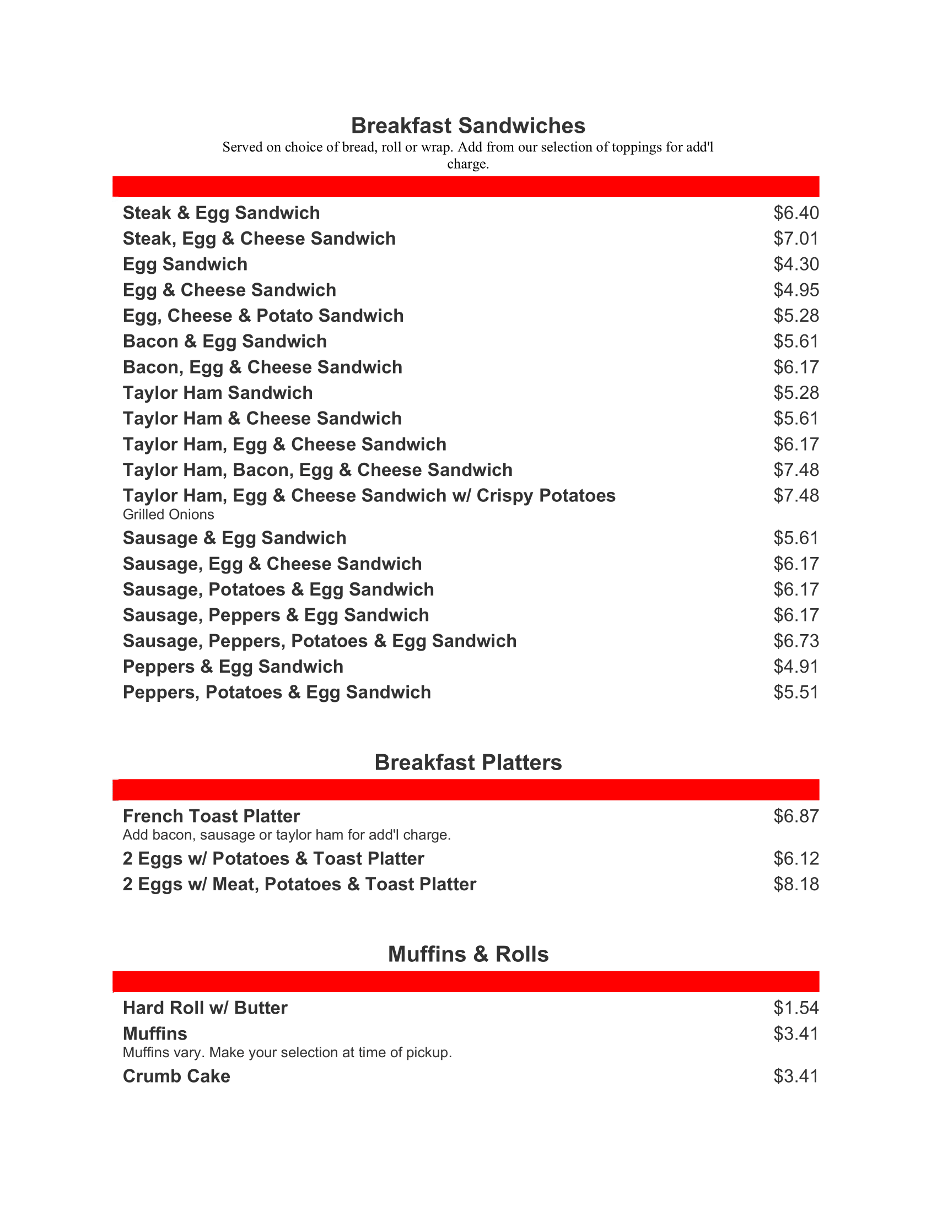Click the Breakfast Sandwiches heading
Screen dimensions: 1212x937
[468, 126]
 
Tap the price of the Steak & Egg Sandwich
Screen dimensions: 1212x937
[796, 213]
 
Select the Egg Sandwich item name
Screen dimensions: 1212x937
[185, 264]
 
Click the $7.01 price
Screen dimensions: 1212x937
[796, 239]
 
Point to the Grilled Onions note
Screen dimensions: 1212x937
[168, 515]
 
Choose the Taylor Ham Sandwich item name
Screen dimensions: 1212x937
[218, 393]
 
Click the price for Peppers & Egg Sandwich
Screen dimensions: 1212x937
[796, 667]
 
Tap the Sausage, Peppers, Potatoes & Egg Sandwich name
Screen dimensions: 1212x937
[319, 641]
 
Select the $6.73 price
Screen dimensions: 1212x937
[796, 641]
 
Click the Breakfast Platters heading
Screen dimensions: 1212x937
[468, 762]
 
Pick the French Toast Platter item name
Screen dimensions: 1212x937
[211, 816]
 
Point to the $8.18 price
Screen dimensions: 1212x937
[796, 884]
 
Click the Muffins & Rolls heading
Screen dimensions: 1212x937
[468, 954]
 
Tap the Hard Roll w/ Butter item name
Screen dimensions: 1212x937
[205, 1008]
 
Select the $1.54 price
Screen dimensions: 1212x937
[796, 1008]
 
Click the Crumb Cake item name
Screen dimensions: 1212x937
[176, 1076]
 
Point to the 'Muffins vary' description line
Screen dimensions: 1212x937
[287, 1052]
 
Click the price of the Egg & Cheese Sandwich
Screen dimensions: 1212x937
[796, 290]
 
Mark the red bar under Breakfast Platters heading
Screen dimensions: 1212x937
[466, 789]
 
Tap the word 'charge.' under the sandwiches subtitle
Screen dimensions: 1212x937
[468, 164]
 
